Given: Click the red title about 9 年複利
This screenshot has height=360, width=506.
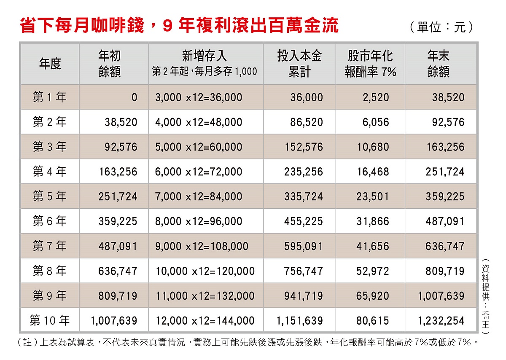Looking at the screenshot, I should pyautogui.click(x=179, y=25).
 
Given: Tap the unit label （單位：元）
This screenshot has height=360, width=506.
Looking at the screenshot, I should pyautogui.click(x=441, y=27).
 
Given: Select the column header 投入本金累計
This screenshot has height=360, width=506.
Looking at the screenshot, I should pyautogui.click(x=299, y=64).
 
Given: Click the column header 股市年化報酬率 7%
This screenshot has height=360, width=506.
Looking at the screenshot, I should pyautogui.click(x=370, y=64).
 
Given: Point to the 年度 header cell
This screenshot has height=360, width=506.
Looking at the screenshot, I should pyautogui.click(x=50, y=64).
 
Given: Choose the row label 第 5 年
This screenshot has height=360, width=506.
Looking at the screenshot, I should pyautogui.click(x=50, y=196).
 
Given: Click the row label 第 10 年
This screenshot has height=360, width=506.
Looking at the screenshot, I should pyautogui.click(x=50, y=320).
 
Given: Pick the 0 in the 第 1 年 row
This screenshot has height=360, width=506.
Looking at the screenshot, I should pyautogui.click(x=134, y=98).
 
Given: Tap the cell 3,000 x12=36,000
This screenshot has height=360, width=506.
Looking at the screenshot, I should pyautogui.click(x=199, y=98).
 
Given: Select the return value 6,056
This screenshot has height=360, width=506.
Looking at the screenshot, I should pyautogui.click(x=375, y=122).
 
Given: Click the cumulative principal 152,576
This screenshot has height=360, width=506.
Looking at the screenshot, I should pyautogui.click(x=304, y=147).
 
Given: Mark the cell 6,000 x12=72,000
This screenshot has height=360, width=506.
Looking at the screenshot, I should pyautogui.click(x=199, y=172).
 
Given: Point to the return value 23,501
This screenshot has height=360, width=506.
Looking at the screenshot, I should pyautogui.click(x=373, y=196).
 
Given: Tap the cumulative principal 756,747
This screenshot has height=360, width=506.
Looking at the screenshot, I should pyautogui.click(x=304, y=271).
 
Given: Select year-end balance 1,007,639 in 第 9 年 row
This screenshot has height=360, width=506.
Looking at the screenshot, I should pyautogui.click(x=441, y=296).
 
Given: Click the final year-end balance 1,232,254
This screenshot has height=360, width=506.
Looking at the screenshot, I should pyautogui.click(x=441, y=320).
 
